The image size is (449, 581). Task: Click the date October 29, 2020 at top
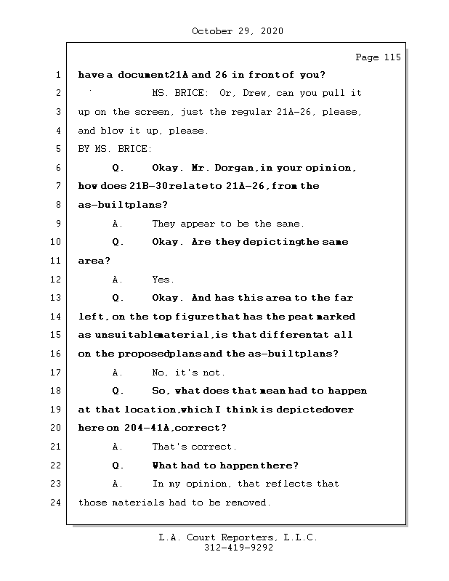tap(238, 31)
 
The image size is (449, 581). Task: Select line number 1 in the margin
tap(57, 75)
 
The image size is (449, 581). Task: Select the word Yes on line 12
tap(162, 280)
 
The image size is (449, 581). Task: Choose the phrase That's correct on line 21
tap(194, 447)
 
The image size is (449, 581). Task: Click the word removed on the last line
tap(248, 503)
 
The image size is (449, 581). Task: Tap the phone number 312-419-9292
tap(238, 548)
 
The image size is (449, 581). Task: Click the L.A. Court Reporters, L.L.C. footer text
tap(238, 538)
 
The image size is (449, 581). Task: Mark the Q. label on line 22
tap(118, 466)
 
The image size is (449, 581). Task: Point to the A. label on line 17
tap(118, 373)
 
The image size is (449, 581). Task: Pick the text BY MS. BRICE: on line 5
tap(115, 149)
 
